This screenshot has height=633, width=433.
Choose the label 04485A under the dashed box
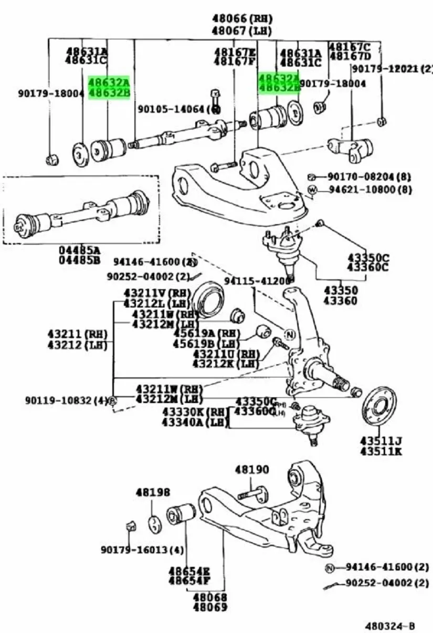coord(80,250)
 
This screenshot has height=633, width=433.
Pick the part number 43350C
coord(368,258)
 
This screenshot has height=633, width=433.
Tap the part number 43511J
coord(381,440)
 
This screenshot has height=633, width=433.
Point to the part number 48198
coord(153,492)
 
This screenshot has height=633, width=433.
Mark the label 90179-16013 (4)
coord(142,550)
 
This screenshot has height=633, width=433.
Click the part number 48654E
coord(189,571)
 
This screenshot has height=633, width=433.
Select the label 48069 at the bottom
coord(209,607)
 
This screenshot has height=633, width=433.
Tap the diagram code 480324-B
coord(390,626)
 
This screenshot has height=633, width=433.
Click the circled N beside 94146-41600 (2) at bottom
coord(330,568)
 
